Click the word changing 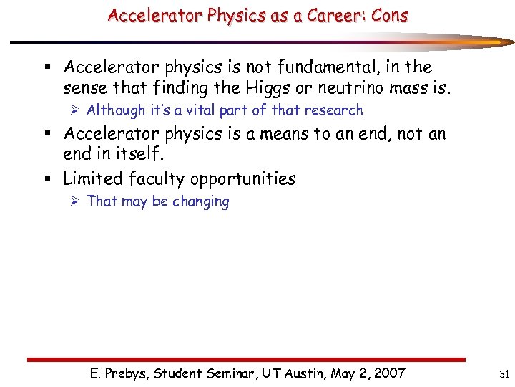[x=200, y=202]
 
